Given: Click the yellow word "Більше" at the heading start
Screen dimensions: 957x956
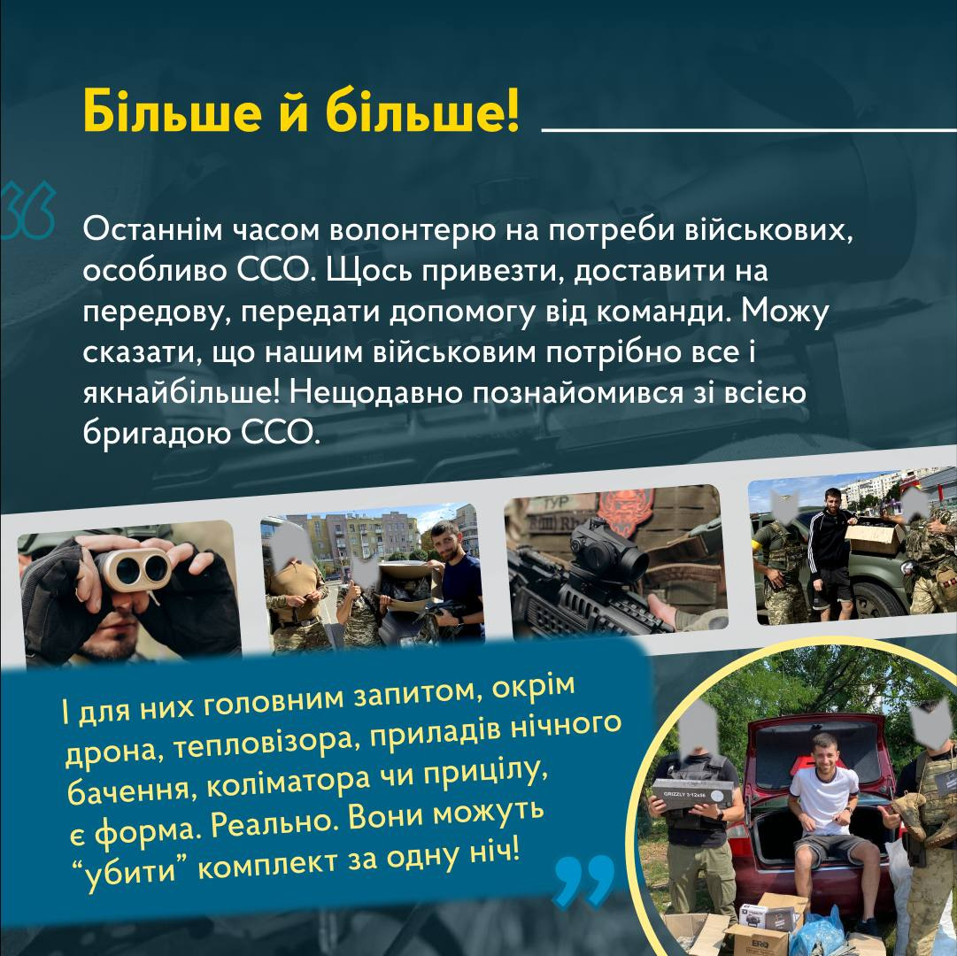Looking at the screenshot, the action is (173, 111).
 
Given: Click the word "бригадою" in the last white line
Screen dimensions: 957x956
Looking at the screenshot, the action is (158, 435).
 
